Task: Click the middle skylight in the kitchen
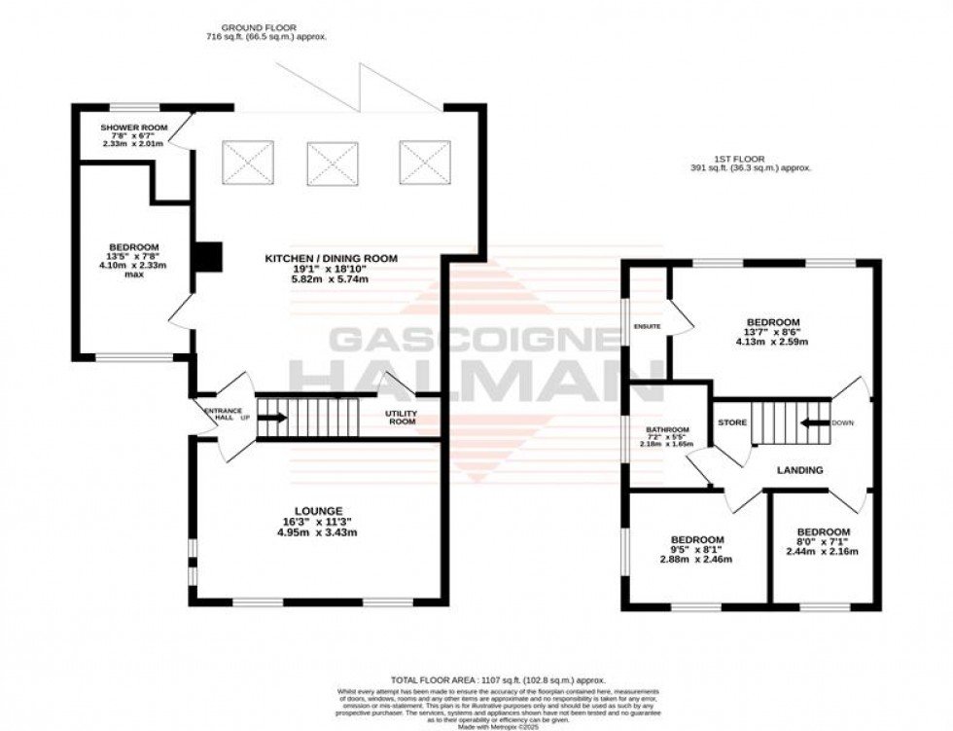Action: (333, 163)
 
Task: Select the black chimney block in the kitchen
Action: (205, 255)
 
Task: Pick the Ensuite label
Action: (647, 326)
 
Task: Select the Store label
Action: (731, 423)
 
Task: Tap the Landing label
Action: (799, 470)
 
